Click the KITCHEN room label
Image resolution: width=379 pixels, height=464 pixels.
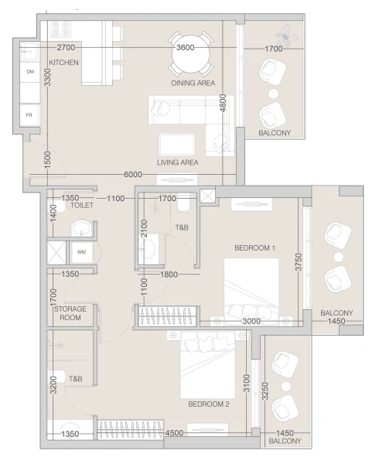(x=63, y=63)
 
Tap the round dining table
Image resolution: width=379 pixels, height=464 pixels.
(x=191, y=54)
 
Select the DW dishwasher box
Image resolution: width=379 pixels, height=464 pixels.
(x=30, y=72)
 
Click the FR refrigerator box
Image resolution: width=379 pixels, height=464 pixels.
(x=29, y=115)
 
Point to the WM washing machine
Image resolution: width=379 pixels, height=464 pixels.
(x=81, y=252)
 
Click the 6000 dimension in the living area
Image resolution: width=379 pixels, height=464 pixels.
(x=132, y=175)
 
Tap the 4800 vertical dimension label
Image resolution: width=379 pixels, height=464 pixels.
(x=223, y=103)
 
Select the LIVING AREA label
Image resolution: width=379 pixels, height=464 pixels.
(x=178, y=162)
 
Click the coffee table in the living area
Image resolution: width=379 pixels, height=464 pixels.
(x=177, y=145)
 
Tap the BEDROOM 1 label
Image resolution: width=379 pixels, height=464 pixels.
(x=254, y=247)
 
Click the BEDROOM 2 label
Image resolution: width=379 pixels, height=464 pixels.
(x=209, y=404)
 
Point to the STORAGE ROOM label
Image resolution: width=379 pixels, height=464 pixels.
(x=70, y=313)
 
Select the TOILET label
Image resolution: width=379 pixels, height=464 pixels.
(x=82, y=205)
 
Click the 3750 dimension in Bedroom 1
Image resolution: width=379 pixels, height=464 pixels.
(x=299, y=262)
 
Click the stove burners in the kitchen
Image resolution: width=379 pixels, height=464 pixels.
(x=61, y=29)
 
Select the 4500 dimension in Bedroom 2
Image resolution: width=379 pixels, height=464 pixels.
(x=174, y=433)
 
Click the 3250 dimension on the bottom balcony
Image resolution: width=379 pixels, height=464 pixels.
(x=265, y=391)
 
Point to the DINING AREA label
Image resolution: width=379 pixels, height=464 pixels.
(x=193, y=84)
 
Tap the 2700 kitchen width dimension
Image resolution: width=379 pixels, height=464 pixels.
(x=66, y=47)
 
